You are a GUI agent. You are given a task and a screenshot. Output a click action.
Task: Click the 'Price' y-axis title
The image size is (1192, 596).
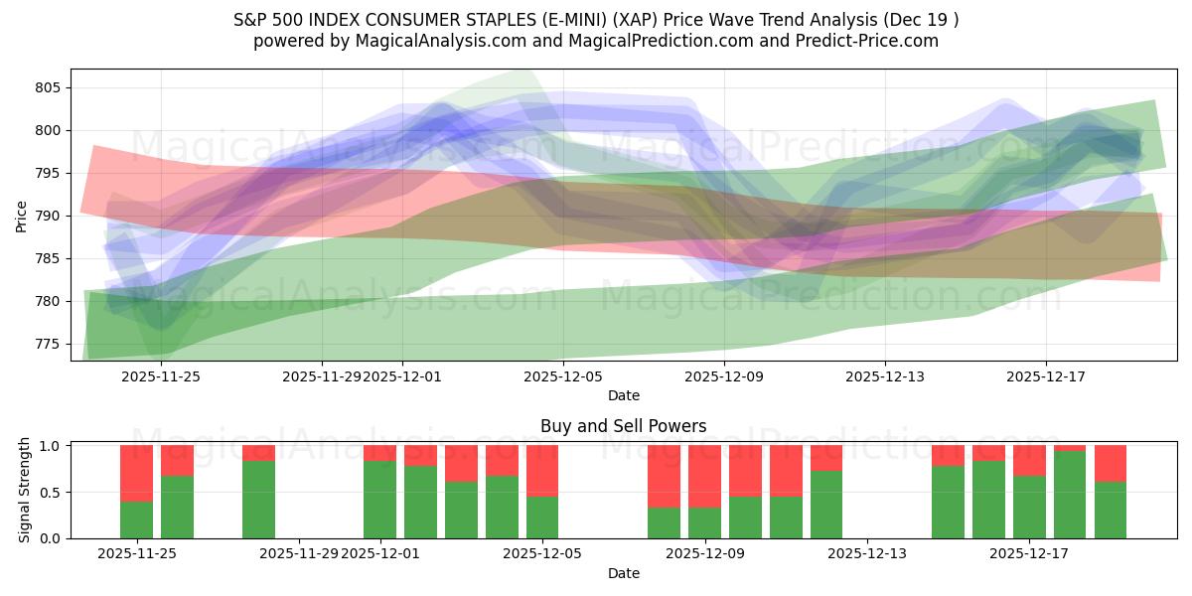click(22, 215)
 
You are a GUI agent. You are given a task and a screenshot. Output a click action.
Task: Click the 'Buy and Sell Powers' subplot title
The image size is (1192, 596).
click(623, 426)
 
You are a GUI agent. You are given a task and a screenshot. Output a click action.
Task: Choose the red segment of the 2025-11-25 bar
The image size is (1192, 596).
click(136, 473)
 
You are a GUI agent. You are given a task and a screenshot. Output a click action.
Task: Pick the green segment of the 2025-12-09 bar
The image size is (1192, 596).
click(704, 522)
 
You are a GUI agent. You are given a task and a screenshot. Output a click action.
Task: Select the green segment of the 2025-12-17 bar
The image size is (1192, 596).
click(1029, 507)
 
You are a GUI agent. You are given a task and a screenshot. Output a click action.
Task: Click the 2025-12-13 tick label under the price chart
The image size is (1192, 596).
click(884, 376)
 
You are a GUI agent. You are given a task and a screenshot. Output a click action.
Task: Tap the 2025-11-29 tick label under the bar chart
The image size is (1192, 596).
click(299, 554)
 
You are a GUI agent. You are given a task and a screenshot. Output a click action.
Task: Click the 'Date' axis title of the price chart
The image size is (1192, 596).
click(623, 395)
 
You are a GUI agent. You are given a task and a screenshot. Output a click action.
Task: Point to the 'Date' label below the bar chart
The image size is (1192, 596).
click(623, 573)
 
